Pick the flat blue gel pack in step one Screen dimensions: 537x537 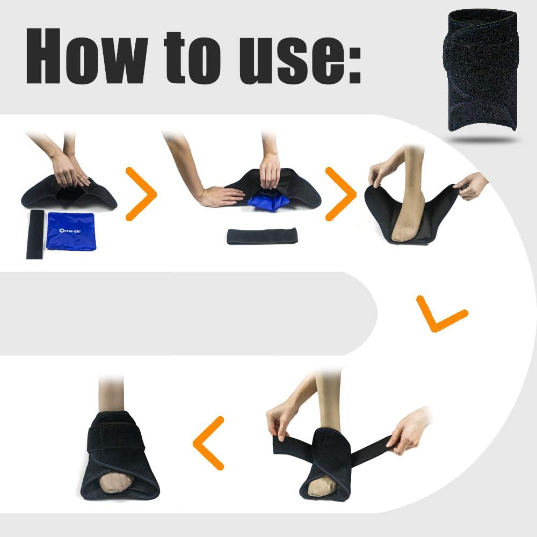coord(70,230)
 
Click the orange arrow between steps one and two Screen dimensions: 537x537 coord(140,194)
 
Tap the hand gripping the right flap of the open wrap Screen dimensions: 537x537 coord(471,185)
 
